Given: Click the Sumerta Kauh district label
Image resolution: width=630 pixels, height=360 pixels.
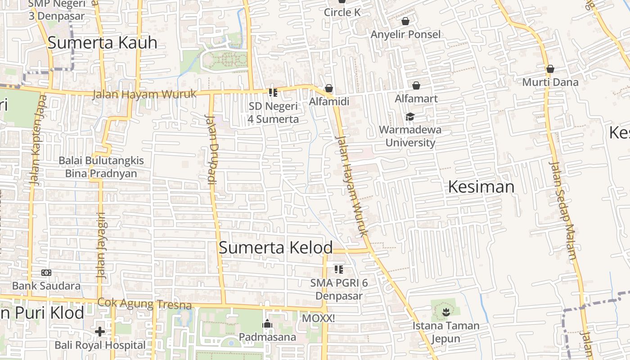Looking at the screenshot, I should pos(102,43).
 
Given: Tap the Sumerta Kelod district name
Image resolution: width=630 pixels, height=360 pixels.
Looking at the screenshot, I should pos(275,247).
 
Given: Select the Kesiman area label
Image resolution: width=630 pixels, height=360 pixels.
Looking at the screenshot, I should pos(481,187).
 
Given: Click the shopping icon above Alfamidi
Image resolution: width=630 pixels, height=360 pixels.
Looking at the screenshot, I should pos(329,88).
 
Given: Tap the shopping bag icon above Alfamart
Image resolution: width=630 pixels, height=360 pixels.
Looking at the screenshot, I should pos(416,85).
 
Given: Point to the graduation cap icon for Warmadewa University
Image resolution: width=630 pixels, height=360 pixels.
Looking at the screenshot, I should pos(409,117).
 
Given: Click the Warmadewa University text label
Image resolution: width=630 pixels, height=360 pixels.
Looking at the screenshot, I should pos(410,136).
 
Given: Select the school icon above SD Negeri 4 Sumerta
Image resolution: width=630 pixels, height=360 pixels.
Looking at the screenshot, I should pos(273,93).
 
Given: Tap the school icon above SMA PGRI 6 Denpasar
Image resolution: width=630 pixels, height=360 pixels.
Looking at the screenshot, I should pos(339,270).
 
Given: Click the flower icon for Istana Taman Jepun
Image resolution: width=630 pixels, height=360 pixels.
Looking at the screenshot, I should pos(445,311).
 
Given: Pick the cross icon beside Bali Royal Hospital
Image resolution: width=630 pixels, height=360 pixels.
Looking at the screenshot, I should pos(100,332).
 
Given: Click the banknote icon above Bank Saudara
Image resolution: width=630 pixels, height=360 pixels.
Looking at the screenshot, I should pos(46,273).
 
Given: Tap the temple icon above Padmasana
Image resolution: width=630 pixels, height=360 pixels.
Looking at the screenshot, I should pos(267,324).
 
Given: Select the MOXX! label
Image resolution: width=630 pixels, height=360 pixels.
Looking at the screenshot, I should pos(318,318).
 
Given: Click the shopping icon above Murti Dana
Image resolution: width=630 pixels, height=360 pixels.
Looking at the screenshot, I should pos(550,69).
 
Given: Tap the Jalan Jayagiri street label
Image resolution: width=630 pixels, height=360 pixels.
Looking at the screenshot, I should pos(102,245).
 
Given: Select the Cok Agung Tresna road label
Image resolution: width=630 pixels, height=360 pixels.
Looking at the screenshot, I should pos(144,304).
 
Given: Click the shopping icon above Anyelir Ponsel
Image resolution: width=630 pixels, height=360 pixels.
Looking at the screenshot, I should pos(405,21).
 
